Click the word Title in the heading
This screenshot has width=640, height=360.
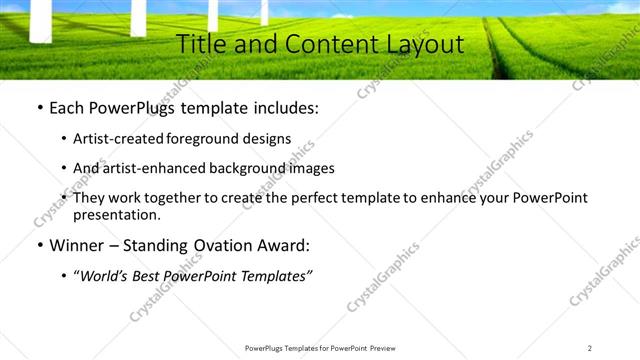point(199,44)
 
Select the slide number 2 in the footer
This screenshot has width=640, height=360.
point(589,347)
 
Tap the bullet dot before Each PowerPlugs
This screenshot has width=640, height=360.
point(38,108)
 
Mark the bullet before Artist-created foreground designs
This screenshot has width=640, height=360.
point(64,139)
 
